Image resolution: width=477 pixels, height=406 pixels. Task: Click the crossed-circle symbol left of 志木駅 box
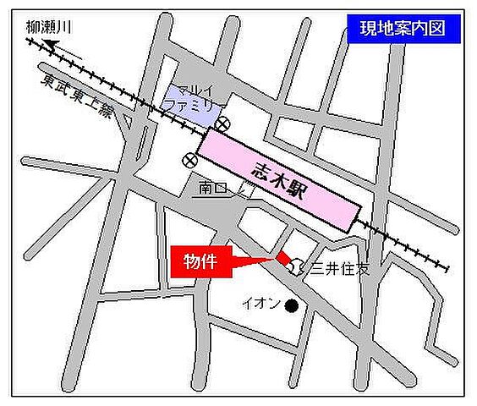[187, 160]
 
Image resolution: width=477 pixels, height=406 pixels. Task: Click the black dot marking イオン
[293, 304]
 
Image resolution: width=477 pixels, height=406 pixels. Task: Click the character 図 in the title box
[447, 28]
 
